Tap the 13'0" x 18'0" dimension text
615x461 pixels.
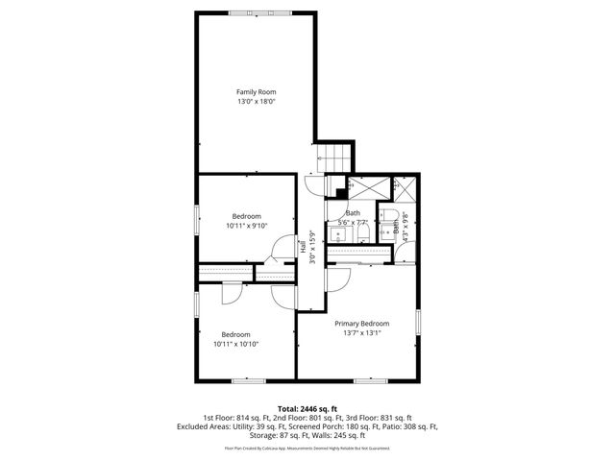point(257,101)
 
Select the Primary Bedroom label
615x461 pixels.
point(362,324)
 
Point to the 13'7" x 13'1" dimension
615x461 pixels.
point(362,334)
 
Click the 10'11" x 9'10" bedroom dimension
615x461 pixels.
point(247,226)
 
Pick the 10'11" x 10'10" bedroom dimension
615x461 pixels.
point(235,343)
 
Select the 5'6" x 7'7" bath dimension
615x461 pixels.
point(355,223)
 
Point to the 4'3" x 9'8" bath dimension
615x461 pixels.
point(406,227)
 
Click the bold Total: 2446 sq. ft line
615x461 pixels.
point(307,408)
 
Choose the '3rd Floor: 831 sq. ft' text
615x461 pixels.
point(380,418)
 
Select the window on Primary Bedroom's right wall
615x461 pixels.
point(419,323)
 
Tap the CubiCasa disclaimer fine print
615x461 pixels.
point(307,448)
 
